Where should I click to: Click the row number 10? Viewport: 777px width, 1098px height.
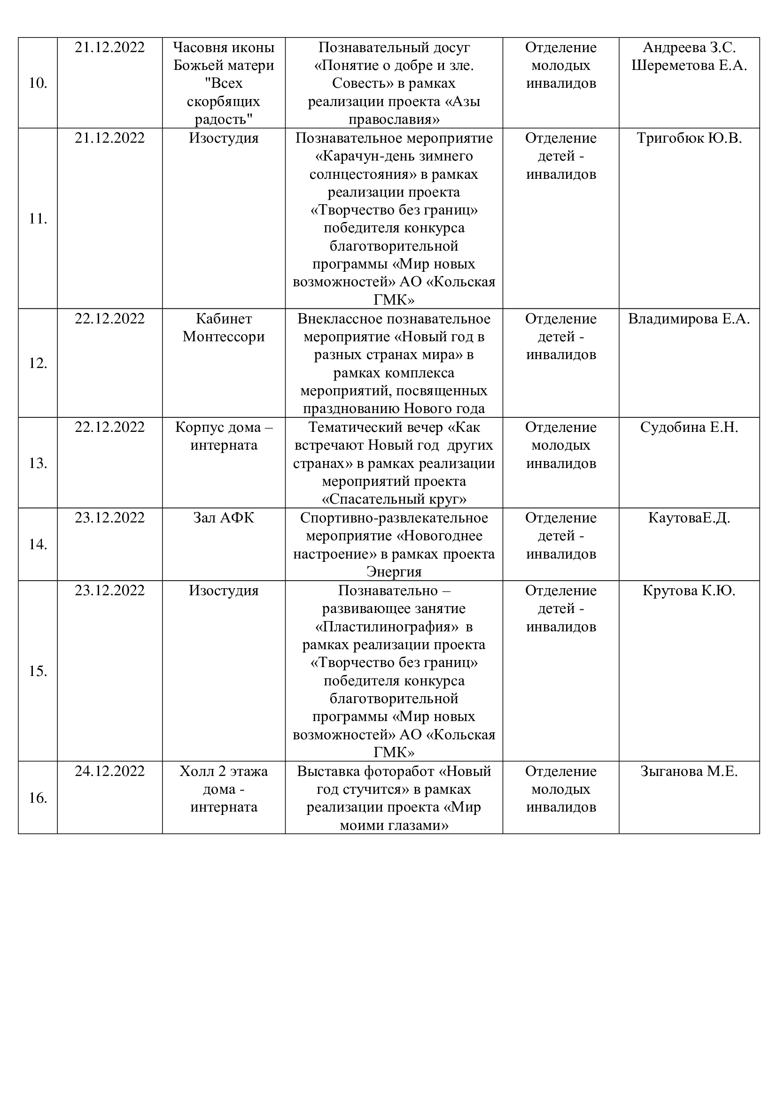click(38, 83)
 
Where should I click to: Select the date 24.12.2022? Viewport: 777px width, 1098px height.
click(109, 771)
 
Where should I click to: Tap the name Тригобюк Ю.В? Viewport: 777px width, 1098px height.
click(689, 138)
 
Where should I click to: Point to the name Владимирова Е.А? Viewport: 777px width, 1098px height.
click(689, 319)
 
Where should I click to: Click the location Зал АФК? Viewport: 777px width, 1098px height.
click(224, 518)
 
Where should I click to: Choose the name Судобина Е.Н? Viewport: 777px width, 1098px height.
click(689, 428)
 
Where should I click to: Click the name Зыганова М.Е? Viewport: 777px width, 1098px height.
click(689, 771)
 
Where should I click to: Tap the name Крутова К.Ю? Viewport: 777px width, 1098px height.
click(689, 591)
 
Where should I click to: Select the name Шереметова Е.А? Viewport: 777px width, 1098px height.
click(689, 66)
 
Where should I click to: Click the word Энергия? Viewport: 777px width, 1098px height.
click(394, 572)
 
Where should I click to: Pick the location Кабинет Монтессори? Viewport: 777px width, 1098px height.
click(224, 328)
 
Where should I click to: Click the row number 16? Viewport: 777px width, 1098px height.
click(38, 798)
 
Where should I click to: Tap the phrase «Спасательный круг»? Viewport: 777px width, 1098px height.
click(394, 500)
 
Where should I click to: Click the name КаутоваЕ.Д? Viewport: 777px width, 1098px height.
click(689, 518)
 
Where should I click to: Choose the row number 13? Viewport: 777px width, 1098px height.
click(38, 463)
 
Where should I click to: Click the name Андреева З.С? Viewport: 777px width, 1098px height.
click(689, 48)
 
